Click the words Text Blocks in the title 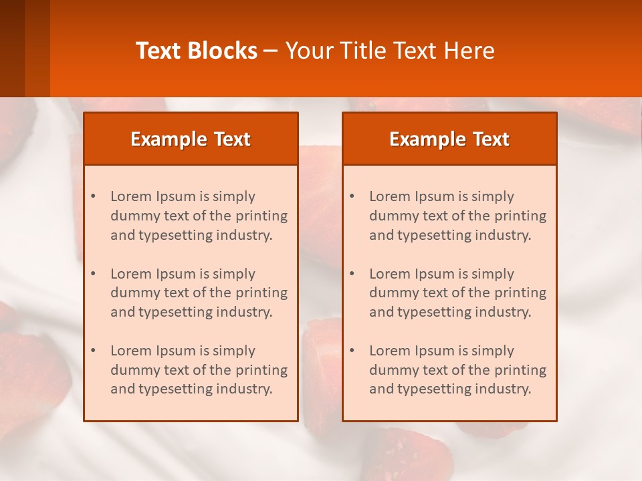[197, 51]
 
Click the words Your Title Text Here [390, 51]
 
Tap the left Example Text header [191, 139]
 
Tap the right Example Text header [449, 139]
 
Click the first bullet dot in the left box [93, 196]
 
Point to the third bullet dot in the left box [93, 351]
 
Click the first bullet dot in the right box [352, 196]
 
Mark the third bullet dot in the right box [352, 351]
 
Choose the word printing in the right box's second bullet [520, 293]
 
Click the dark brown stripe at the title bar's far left [12, 48]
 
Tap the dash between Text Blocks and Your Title [271, 51]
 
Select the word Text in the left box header [231, 139]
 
